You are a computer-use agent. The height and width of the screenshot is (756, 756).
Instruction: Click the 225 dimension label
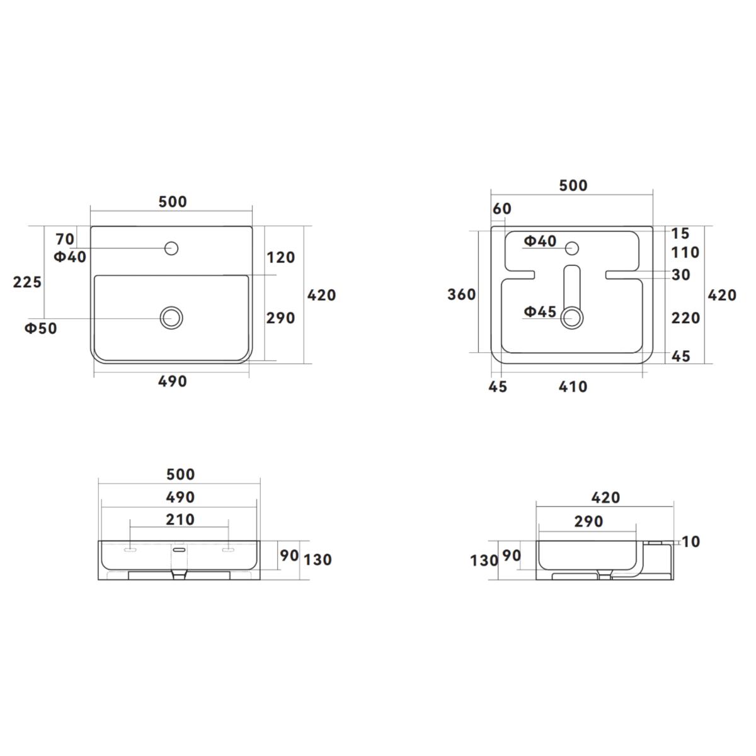click(27, 282)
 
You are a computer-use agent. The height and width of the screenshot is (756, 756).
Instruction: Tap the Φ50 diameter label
click(41, 328)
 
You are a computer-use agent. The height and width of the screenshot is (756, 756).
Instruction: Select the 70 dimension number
click(65, 239)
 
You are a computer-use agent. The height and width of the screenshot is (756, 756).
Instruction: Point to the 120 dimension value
click(281, 258)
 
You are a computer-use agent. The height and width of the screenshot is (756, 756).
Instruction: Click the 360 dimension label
click(461, 295)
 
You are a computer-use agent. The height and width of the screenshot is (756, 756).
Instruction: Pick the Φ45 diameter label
click(540, 312)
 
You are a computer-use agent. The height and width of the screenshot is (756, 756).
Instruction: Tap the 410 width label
click(573, 387)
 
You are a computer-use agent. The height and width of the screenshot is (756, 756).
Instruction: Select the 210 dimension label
click(180, 519)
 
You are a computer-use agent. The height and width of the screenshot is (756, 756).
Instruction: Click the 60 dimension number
click(501, 209)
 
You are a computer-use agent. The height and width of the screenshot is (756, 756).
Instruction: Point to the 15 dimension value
click(680, 234)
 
